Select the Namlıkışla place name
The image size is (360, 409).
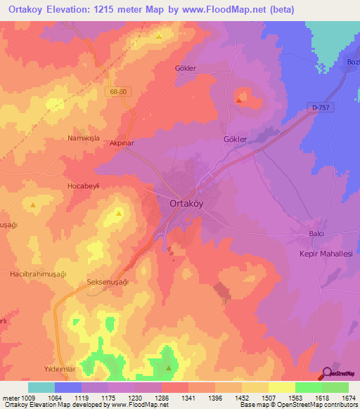85,138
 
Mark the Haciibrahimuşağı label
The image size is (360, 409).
38,273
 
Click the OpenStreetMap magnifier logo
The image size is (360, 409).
328,374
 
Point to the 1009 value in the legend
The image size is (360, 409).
32,398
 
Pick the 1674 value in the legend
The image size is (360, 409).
348,398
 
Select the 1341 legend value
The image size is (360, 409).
188,398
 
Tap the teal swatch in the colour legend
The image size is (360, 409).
41,387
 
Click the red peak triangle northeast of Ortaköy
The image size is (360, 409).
240,100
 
